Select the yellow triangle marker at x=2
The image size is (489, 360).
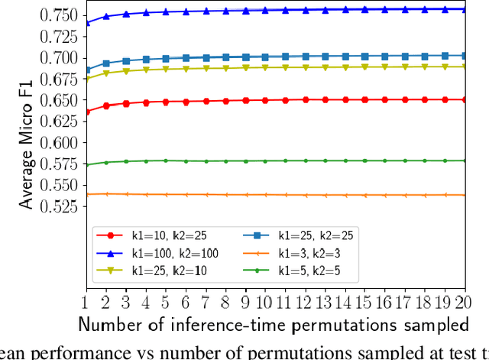(105, 73)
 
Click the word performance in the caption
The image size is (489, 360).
(76, 351)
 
